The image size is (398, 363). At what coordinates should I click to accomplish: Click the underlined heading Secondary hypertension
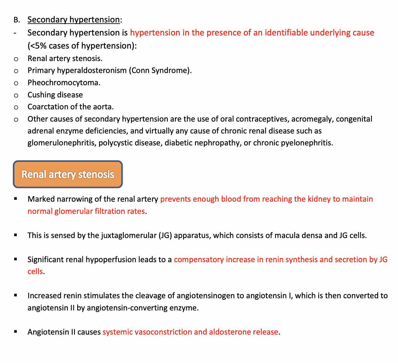pyautogui.click(x=74, y=20)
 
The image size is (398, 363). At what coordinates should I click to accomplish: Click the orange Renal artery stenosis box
pyautogui.click(x=68, y=174)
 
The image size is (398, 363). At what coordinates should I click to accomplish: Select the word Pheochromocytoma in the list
pyautogui.click(x=64, y=83)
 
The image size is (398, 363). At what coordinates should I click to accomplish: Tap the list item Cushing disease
pyautogui.click(x=55, y=95)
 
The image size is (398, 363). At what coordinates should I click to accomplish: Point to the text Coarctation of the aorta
pyautogui.click(x=70, y=107)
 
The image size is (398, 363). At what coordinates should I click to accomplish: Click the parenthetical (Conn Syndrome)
pyautogui.click(x=160, y=70)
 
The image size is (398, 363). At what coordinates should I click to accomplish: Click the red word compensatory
pyautogui.click(x=199, y=260)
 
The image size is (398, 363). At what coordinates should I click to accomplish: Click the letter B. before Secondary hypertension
pyautogui.click(x=17, y=20)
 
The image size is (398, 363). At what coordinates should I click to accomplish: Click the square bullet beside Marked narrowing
pyautogui.click(x=16, y=199)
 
